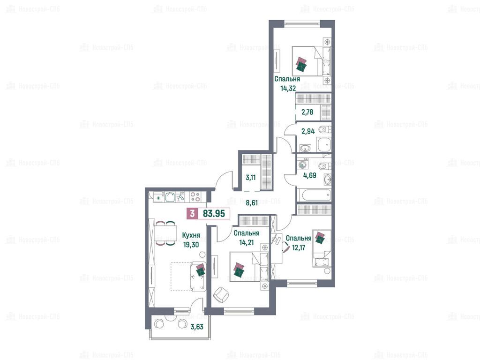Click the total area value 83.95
click(x=214, y=213)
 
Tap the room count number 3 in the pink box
click(x=192, y=213)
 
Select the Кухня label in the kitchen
click(x=191, y=235)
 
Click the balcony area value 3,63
click(x=197, y=327)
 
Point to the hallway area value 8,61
click(x=252, y=202)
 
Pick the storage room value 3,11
click(x=251, y=178)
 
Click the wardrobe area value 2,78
click(x=307, y=112)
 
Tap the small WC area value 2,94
click(x=308, y=131)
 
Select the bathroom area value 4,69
click(x=310, y=175)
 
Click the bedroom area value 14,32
click(x=288, y=89)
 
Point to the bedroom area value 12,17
click(x=299, y=247)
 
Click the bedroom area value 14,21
click(x=247, y=243)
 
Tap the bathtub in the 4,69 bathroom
click(x=314, y=195)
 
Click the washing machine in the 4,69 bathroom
click(x=302, y=165)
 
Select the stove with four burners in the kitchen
click(x=195, y=196)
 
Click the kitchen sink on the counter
click(x=170, y=197)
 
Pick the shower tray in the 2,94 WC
click(x=324, y=144)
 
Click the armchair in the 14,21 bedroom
click(x=221, y=295)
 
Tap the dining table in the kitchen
click(x=165, y=233)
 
